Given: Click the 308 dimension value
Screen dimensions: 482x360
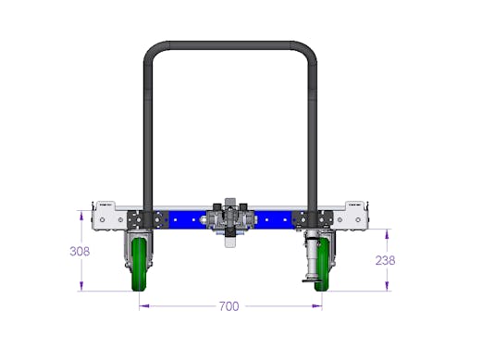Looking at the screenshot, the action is (x=80, y=252).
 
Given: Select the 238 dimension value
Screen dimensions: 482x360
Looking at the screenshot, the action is (x=385, y=261).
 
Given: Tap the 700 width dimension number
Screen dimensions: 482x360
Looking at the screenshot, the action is (x=229, y=306).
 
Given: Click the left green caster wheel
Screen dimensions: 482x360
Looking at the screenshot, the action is (x=139, y=265).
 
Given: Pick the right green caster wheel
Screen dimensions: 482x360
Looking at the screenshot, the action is (x=323, y=265).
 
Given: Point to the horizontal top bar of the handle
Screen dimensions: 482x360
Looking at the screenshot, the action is (x=230, y=45).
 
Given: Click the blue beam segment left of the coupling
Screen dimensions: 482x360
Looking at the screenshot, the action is (x=187, y=219).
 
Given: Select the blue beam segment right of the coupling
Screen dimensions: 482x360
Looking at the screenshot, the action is (x=274, y=219).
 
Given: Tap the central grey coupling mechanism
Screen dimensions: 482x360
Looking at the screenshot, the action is (x=230, y=219).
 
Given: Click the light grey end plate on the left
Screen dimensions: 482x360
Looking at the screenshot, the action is (x=109, y=217).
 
